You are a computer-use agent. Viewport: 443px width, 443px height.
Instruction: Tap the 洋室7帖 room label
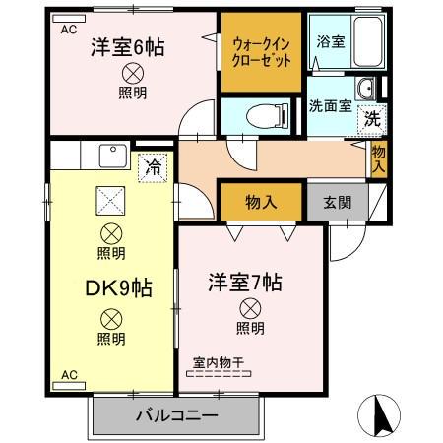[x=245, y=283]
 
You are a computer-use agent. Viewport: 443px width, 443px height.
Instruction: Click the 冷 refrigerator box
[x=153, y=167]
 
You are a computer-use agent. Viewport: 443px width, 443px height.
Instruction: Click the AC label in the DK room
[x=69, y=374]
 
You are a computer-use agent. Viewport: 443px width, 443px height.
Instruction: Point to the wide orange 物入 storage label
[x=260, y=202]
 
